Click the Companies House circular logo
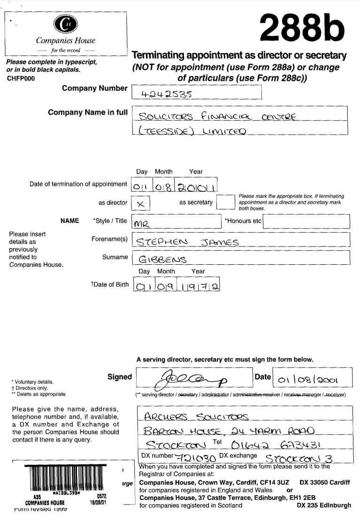click(66, 24)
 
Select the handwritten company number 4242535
click(167, 93)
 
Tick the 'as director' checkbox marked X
click(140, 203)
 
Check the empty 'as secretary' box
click(225, 202)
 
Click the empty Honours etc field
click(306, 221)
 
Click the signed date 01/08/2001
click(308, 380)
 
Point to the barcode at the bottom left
click(65, 479)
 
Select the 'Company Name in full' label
click(87, 112)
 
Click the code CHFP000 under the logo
click(21, 78)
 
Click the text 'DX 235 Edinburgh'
click(324, 505)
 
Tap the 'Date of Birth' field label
click(109, 284)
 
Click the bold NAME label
click(70, 221)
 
